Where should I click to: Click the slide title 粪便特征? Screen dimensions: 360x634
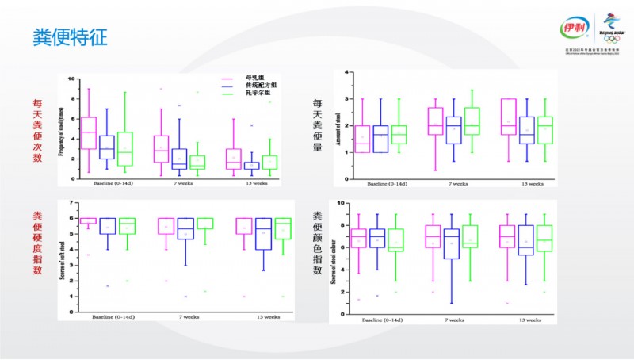(x=70, y=36)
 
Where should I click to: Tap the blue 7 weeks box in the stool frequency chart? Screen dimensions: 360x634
(x=179, y=159)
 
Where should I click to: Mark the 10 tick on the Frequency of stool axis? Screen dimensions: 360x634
(x=72, y=79)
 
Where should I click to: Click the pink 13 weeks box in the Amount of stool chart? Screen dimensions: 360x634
(x=508, y=117)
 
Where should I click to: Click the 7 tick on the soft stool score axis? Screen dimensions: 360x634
(x=72, y=203)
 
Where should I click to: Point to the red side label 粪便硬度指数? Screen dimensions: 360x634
(x=37, y=243)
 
